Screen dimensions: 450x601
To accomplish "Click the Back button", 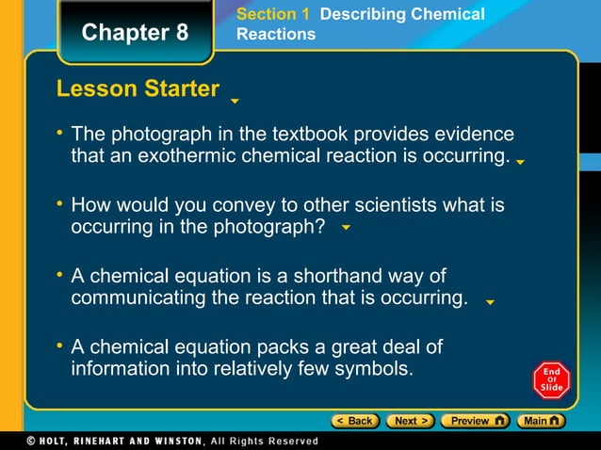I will (x=354, y=421).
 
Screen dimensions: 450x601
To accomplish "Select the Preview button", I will (x=475, y=421).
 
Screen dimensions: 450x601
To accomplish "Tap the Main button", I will (x=544, y=421).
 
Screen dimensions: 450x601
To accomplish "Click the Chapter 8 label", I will (x=135, y=33).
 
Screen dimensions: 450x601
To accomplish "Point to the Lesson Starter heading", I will (x=138, y=89).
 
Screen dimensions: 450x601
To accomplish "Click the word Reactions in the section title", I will (x=276, y=34).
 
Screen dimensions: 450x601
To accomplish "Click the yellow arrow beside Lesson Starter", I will (x=235, y=100).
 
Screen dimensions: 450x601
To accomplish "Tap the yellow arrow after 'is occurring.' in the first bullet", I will (x=520, y=162).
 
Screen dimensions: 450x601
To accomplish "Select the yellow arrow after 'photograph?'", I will (x=346, y=228).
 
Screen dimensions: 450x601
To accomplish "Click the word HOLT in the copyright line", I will (x=45, y=441).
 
